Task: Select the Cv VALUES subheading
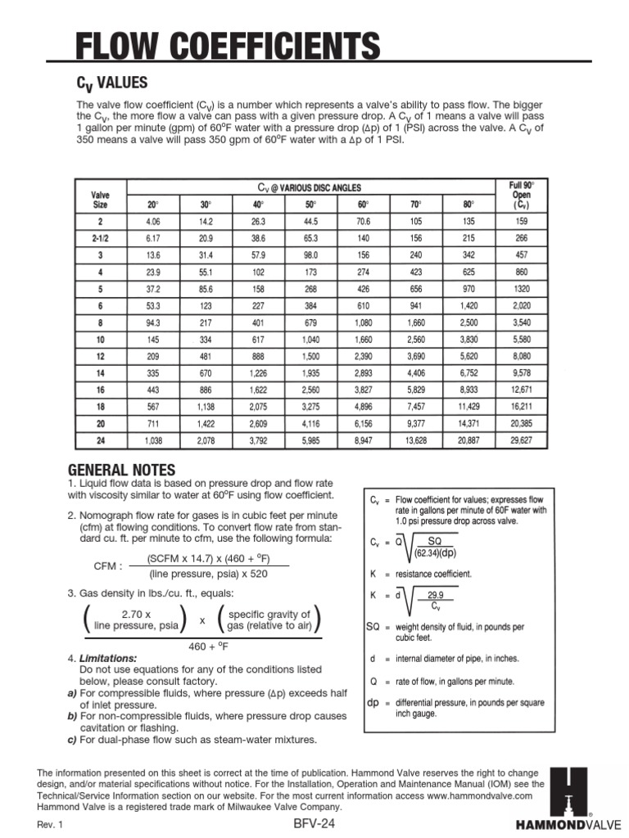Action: [112, 83]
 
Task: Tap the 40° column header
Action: [259, 205]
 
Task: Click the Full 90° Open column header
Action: [521, 196]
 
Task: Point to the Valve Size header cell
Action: [100, 200]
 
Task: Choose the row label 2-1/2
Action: [100, 238]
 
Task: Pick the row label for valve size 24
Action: [100, 440]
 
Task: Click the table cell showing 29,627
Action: [521, 440]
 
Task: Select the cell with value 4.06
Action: [153, 223]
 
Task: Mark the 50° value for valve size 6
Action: [310, 305]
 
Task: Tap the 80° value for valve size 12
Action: [468, 356]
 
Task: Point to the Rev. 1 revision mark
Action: [51, 825]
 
